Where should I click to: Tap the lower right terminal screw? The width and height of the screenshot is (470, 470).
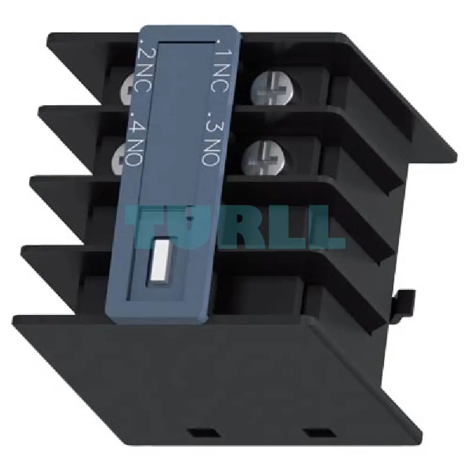click(x=263, y=158)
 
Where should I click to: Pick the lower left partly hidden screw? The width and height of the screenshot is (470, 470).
click(x=118, y=159)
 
